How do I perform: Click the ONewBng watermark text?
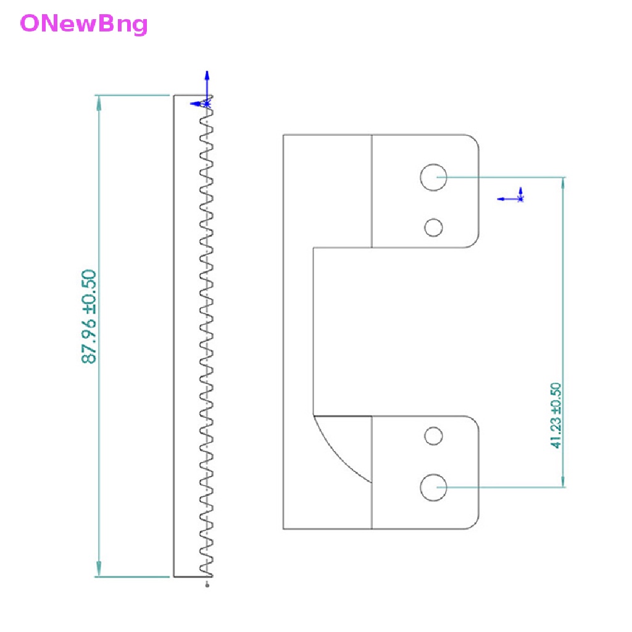tap(84, 24)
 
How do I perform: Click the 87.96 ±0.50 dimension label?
tap(89, 317)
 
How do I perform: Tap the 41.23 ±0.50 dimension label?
tap(555, 415)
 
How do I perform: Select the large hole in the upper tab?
tap(433, 177)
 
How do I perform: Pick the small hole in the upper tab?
tap(433, 228)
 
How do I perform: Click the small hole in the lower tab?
tap(433, 436)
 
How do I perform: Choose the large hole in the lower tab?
tap(433, 488)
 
